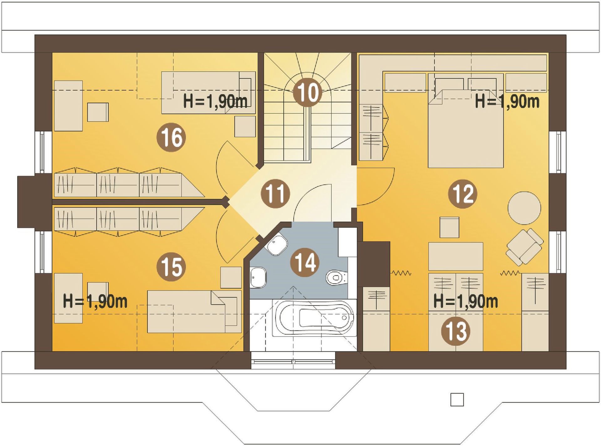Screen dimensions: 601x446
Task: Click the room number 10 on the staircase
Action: [307, 92]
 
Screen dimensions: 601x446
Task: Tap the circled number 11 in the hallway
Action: [275, 194]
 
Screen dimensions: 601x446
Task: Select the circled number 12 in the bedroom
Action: [463, 194]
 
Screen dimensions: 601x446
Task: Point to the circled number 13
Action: [455, 331]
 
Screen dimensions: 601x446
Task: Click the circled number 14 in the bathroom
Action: [305, 262]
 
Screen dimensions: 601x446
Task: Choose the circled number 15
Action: [171, 267]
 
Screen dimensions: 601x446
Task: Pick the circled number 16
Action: [171, 137]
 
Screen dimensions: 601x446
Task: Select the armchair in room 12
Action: [525, 246]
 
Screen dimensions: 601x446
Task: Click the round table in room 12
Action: [524, 208]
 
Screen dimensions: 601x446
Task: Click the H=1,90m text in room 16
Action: [215, 101]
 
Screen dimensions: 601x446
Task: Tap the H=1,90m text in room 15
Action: [95, 301]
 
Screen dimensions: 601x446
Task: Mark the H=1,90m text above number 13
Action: [465, 301]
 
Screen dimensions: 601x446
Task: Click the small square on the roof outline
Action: [457, 400]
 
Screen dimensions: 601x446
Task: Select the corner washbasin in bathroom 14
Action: [276, 245]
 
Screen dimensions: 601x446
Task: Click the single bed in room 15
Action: [194, 311]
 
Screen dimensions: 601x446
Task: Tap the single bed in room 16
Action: [208, 93]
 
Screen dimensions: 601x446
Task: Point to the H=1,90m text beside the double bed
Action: [507, 101]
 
